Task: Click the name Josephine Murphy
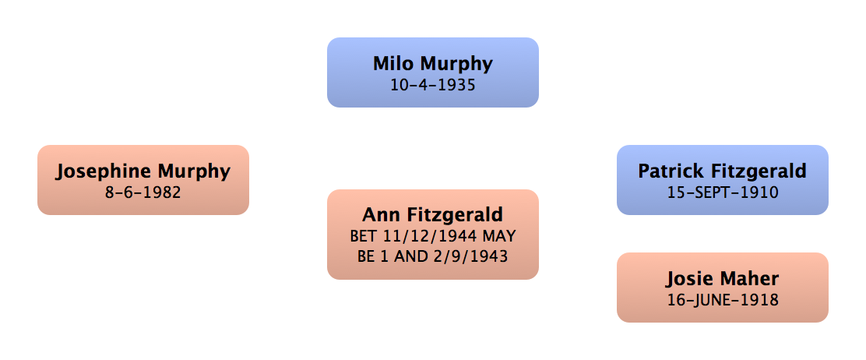(x=143, y=171)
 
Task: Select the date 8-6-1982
(x=143, y=191)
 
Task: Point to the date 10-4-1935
(x=433, y=84)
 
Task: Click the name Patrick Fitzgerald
(x=722, y=171)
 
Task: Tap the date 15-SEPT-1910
(x=722, y=192)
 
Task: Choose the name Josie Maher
(x=722, y=278)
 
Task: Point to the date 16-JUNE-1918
(x=722, y=299)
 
